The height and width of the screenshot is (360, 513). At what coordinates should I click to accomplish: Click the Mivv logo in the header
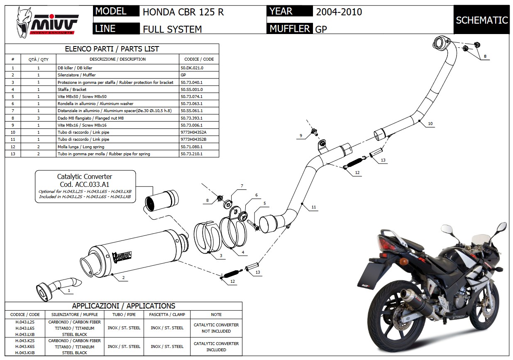(47, 21)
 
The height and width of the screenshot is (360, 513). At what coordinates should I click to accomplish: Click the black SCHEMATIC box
(481, 20)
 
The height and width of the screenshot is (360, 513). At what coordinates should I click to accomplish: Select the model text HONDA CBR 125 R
(183, 12)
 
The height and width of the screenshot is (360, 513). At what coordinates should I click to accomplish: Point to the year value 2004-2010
(339, 12)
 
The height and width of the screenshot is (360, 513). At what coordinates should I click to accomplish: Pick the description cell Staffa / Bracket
(72, 89)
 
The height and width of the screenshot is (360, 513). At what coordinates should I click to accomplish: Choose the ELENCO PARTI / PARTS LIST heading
(112, 49)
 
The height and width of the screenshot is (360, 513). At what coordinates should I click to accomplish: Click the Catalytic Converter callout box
(85, 186)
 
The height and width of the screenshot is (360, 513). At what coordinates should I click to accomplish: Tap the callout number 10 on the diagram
(430, 123)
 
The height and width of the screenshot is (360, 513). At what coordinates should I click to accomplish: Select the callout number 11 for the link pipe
(314, 207)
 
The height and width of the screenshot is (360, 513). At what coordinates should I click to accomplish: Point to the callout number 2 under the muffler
(123, 277)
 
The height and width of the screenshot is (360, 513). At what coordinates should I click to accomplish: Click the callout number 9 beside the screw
(300, 135)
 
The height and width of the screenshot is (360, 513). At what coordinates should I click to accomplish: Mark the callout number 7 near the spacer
(242, 186)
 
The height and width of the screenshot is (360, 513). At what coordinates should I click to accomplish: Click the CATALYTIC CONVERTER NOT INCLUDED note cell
(216, 328)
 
